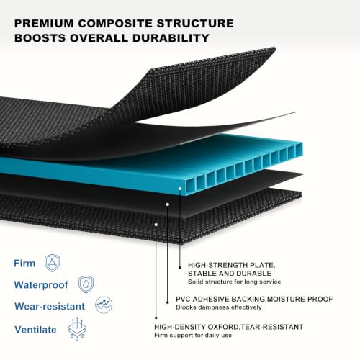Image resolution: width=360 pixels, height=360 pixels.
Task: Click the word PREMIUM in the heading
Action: tap(44, 23)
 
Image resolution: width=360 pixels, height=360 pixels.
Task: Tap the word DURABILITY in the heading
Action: tap(171, 38)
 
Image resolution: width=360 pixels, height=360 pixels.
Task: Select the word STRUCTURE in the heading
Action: tap(195, 23)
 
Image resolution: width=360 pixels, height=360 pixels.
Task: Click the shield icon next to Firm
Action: tap(52, 263)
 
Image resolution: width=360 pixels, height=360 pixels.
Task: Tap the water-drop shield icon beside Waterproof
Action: tap(86, 284)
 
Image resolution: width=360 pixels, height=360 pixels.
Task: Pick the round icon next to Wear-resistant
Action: tap(104, 305)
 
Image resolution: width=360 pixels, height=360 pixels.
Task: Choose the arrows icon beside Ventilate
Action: tap(77, 328)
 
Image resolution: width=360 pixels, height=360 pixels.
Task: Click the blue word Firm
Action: tap(24, 264)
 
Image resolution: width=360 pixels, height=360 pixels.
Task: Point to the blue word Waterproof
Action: tap(41, 285)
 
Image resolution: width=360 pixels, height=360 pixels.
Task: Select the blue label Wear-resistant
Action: tap(50, 306)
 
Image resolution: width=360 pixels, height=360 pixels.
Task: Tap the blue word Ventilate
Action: tap(35, 330)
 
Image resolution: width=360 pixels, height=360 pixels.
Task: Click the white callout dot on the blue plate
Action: tap(180, 189)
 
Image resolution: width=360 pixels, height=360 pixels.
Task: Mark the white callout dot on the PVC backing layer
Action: tap(168, 204)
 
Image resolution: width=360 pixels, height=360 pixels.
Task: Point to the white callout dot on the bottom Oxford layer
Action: tap(156, 225)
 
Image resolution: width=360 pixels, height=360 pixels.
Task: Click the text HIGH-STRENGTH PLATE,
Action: tap(232, 265)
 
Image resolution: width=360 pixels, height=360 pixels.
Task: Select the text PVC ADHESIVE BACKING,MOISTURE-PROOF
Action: tap(254, 299)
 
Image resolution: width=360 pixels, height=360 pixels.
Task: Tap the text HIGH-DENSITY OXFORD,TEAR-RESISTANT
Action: tap(229, 327)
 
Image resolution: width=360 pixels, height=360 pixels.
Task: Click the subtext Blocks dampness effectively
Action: tap(219, 307)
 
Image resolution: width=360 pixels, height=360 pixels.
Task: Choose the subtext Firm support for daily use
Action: tap(193, 336)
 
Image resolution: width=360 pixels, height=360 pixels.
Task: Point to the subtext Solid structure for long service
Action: tap(235, 282)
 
